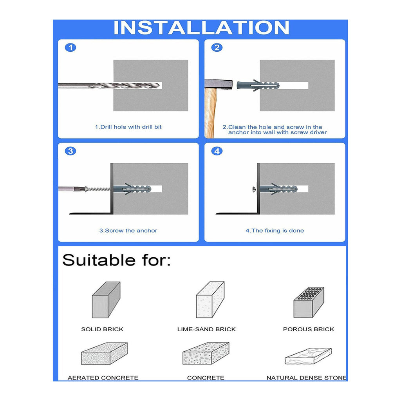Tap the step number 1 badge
(70, 48)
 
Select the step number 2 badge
(217, 48)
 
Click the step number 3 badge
(70, 151)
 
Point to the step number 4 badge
(217, 151)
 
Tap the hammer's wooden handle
(210, 114)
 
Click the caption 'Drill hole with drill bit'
(128, 127)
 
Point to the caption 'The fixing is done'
(275, 231)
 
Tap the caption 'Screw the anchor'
(128, 231)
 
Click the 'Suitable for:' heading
(116, 260)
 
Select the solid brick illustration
(106, 300)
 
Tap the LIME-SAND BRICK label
(206, 329)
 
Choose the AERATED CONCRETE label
(103, 378)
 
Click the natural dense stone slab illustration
(308, 356)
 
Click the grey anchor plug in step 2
(258, 85)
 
